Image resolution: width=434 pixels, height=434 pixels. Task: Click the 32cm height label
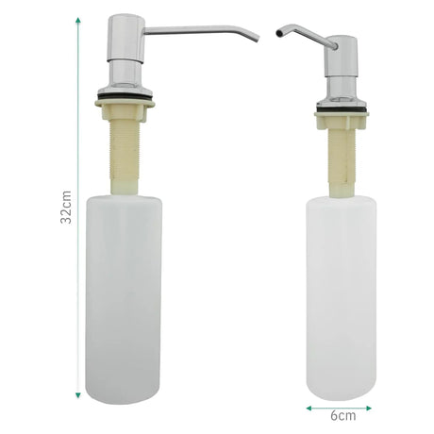click(x=66, y=207)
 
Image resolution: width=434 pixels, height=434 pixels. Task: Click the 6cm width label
click(x=343, y=416)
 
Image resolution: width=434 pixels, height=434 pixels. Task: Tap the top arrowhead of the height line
click(x=78, y=21)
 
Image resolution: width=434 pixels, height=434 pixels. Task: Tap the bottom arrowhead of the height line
click(x=78, y=395)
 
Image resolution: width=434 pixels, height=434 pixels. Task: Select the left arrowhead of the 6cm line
click(x=309, y=409)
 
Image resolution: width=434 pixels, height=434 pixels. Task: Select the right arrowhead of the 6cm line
click(x=368, y=409)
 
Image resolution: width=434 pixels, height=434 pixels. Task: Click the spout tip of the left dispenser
click(x=257, y=39)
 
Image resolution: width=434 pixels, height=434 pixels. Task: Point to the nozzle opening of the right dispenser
click(x=278, y=33)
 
